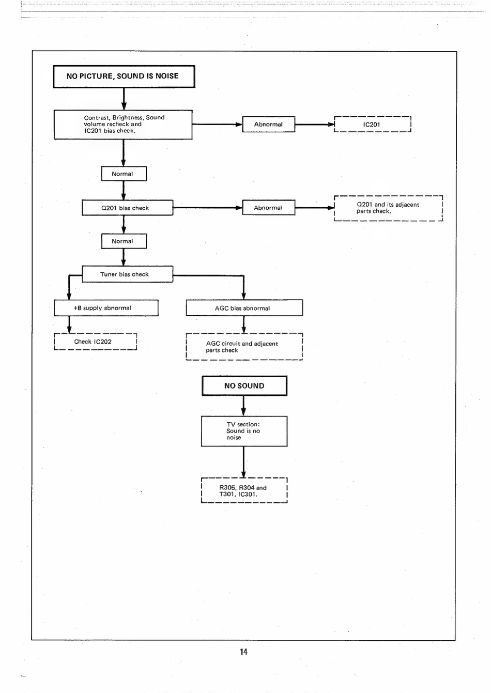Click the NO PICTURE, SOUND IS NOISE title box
(x=124, y=76)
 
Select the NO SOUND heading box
(x=244, y=386)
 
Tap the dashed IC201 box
(x=373, y=125)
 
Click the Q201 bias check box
(x=128, y=208)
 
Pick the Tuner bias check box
(x=128, y=274)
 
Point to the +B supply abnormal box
(x=106, y=308)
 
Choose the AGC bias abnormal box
(x=244, y=308)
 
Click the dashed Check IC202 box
(x=95, y=342)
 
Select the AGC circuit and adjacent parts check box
(x=244, y=346)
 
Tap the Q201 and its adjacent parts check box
(x=388, y=208)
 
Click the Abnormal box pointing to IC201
(x=269, y=125)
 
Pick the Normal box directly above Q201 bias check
(x=124, y=174)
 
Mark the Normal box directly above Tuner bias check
(x=124, y=241)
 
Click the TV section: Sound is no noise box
(x=244, y=431)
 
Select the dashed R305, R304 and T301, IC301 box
(x=244, y=490)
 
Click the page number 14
(x=244, y=652)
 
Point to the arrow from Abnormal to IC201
(x=315, y=125)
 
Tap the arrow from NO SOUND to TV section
(x=243, y=406)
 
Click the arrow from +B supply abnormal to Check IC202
(x=69, y=325)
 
